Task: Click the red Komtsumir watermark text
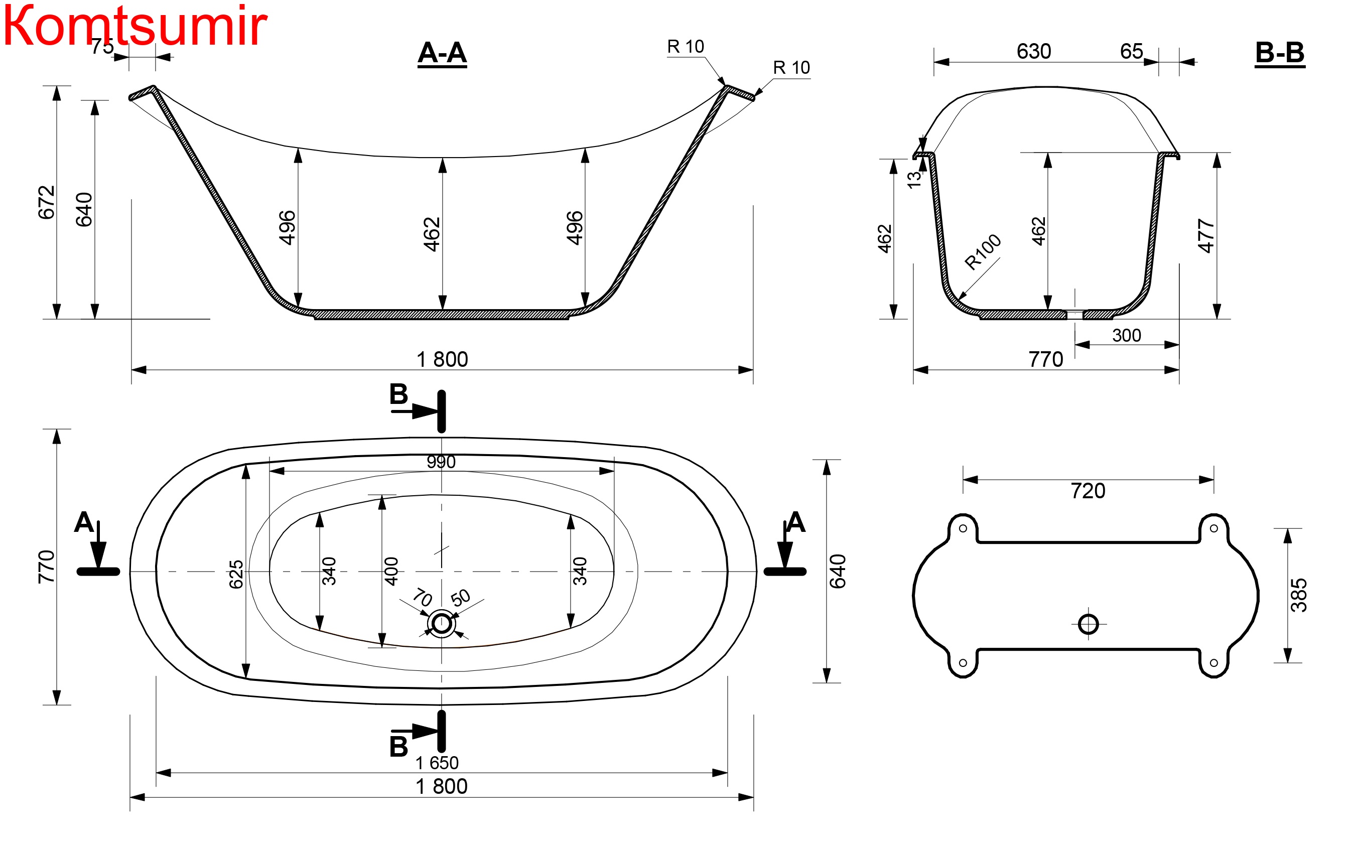[x=135, y=25]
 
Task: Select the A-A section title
[x=442, y=53]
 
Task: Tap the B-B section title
[x=1280, y=53]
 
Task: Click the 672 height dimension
[x=47, y=202]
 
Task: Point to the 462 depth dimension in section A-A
[x=432, y=234]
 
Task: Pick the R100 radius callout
[x=983, y=252]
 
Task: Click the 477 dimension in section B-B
[x=1206, y=236]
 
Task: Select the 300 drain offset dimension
[x=1126, y=336]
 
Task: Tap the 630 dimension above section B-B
[x=1034, y=51]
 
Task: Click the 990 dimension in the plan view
[x=441, y=462]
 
